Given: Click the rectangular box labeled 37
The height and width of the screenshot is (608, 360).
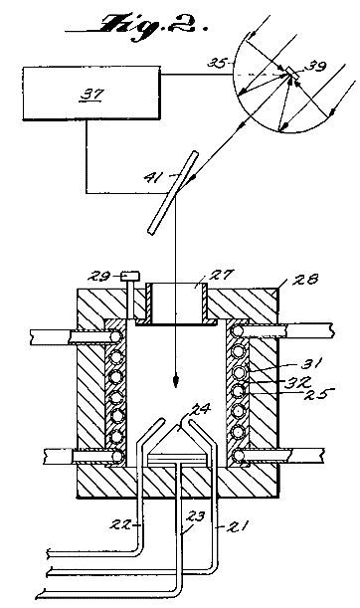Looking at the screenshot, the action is pos(91,94).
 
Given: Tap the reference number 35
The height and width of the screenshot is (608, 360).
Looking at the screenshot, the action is pos(216,63).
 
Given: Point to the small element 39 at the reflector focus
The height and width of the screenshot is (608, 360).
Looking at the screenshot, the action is pos(291,74).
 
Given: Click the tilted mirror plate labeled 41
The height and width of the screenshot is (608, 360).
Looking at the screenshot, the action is pos(173,193).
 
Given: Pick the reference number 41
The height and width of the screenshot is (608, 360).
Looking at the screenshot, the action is pos(153,177).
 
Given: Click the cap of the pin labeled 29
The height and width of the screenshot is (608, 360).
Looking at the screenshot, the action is pos(130,277).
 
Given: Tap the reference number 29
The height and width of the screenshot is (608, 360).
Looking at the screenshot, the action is pos(98,276).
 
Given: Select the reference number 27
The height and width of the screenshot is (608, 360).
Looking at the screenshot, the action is pos(222,275).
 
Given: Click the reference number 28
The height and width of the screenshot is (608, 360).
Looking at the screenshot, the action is pos(305,280).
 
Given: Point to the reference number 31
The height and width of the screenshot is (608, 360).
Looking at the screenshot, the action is pos(312,364).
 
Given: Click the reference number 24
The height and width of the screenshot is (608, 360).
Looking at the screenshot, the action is pos(201,409).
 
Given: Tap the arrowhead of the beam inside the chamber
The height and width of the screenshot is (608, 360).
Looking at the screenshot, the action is pos(176,381).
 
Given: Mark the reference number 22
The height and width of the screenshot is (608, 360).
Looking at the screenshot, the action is pos(121,524).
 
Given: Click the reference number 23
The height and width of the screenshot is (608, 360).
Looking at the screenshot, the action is pos(196,516).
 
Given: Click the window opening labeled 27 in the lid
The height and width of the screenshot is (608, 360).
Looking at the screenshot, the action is pos(177,304).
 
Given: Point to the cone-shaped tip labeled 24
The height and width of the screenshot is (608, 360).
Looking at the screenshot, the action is pos(178,439).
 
